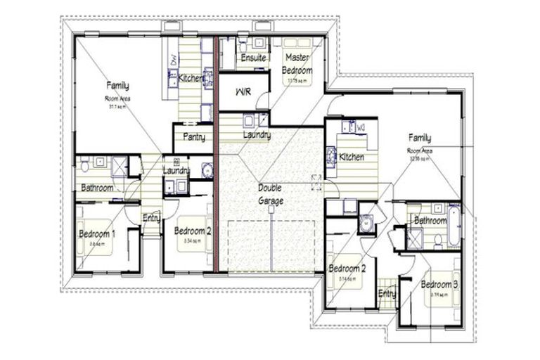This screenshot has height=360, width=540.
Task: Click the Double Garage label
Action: click(x=270, y=194)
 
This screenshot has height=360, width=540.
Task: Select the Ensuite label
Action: click(x=253, y=58)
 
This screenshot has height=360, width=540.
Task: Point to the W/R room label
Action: click(x=243, y=92)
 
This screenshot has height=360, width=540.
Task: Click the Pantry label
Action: click(x=193, y=136)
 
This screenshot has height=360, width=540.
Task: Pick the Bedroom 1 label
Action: click(x=96, y=233)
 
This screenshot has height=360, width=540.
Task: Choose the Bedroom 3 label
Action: click(x=439, y=284)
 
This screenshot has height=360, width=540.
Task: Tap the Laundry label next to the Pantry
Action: click(x=177, y=170)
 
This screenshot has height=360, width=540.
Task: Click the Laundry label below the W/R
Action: click(x=257, y=134)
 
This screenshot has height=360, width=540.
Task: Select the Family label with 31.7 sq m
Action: click(x=117, y=86)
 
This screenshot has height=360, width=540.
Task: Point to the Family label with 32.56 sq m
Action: click(x=420, y=139)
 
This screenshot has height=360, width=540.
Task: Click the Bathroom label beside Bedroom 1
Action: click(x=97, y=188)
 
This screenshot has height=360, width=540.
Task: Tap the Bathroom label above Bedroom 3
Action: click(x=430, y=220)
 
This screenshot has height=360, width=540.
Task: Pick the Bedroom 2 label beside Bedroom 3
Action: click(x=347, y=268)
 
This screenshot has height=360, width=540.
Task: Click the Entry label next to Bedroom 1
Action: click(x=151, y=217)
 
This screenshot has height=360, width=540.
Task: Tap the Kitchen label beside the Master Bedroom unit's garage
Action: click(x=352, y=157)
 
